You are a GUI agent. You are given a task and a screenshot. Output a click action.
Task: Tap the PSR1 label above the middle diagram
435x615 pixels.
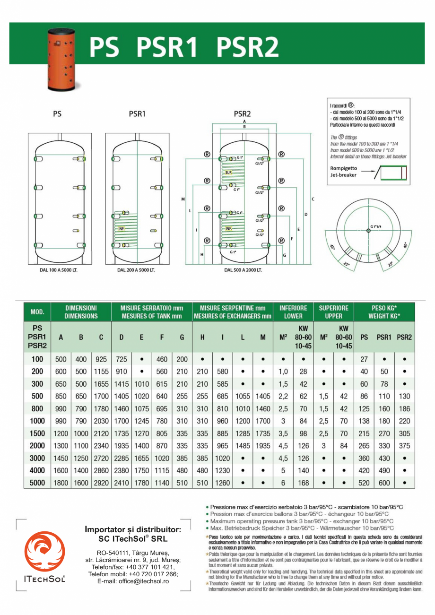[x=137, y=114]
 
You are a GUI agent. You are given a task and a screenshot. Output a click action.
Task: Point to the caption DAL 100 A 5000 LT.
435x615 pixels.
[x=57, y=270]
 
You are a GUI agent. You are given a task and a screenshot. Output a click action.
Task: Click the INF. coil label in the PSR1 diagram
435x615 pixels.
[x=120, y=228]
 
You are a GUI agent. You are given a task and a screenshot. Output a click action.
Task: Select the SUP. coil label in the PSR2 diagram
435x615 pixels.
[x=228, y=173]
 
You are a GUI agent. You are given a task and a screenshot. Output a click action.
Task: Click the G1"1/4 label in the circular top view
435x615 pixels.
[x=376, y=226]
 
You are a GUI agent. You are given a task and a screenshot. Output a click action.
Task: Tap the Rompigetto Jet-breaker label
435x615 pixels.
[x=344, y=171]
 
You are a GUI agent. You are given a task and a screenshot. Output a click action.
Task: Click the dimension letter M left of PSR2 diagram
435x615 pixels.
[x=183, y=199]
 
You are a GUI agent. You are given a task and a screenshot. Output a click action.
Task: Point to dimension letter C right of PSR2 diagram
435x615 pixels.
[x=313, y=199]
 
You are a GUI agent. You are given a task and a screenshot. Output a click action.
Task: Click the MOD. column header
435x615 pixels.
[x=37, y=312]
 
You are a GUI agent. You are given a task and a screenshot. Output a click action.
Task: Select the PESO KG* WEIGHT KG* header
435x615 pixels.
[x=384, y=312]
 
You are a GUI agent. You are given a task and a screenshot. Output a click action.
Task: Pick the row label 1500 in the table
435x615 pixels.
[x=37, y=433]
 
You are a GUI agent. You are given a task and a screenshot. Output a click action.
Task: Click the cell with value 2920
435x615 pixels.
[x=101, y=483]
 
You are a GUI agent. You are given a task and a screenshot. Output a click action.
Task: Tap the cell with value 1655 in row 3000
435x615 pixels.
[x=142, y=458]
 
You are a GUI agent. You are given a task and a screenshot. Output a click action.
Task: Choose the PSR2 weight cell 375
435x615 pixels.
[x=404, y=446]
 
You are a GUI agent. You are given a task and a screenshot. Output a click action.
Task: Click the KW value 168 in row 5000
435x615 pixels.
[x=303, y=483]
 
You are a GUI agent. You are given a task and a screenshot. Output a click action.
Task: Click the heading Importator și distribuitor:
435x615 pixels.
[x=133, y=529]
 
